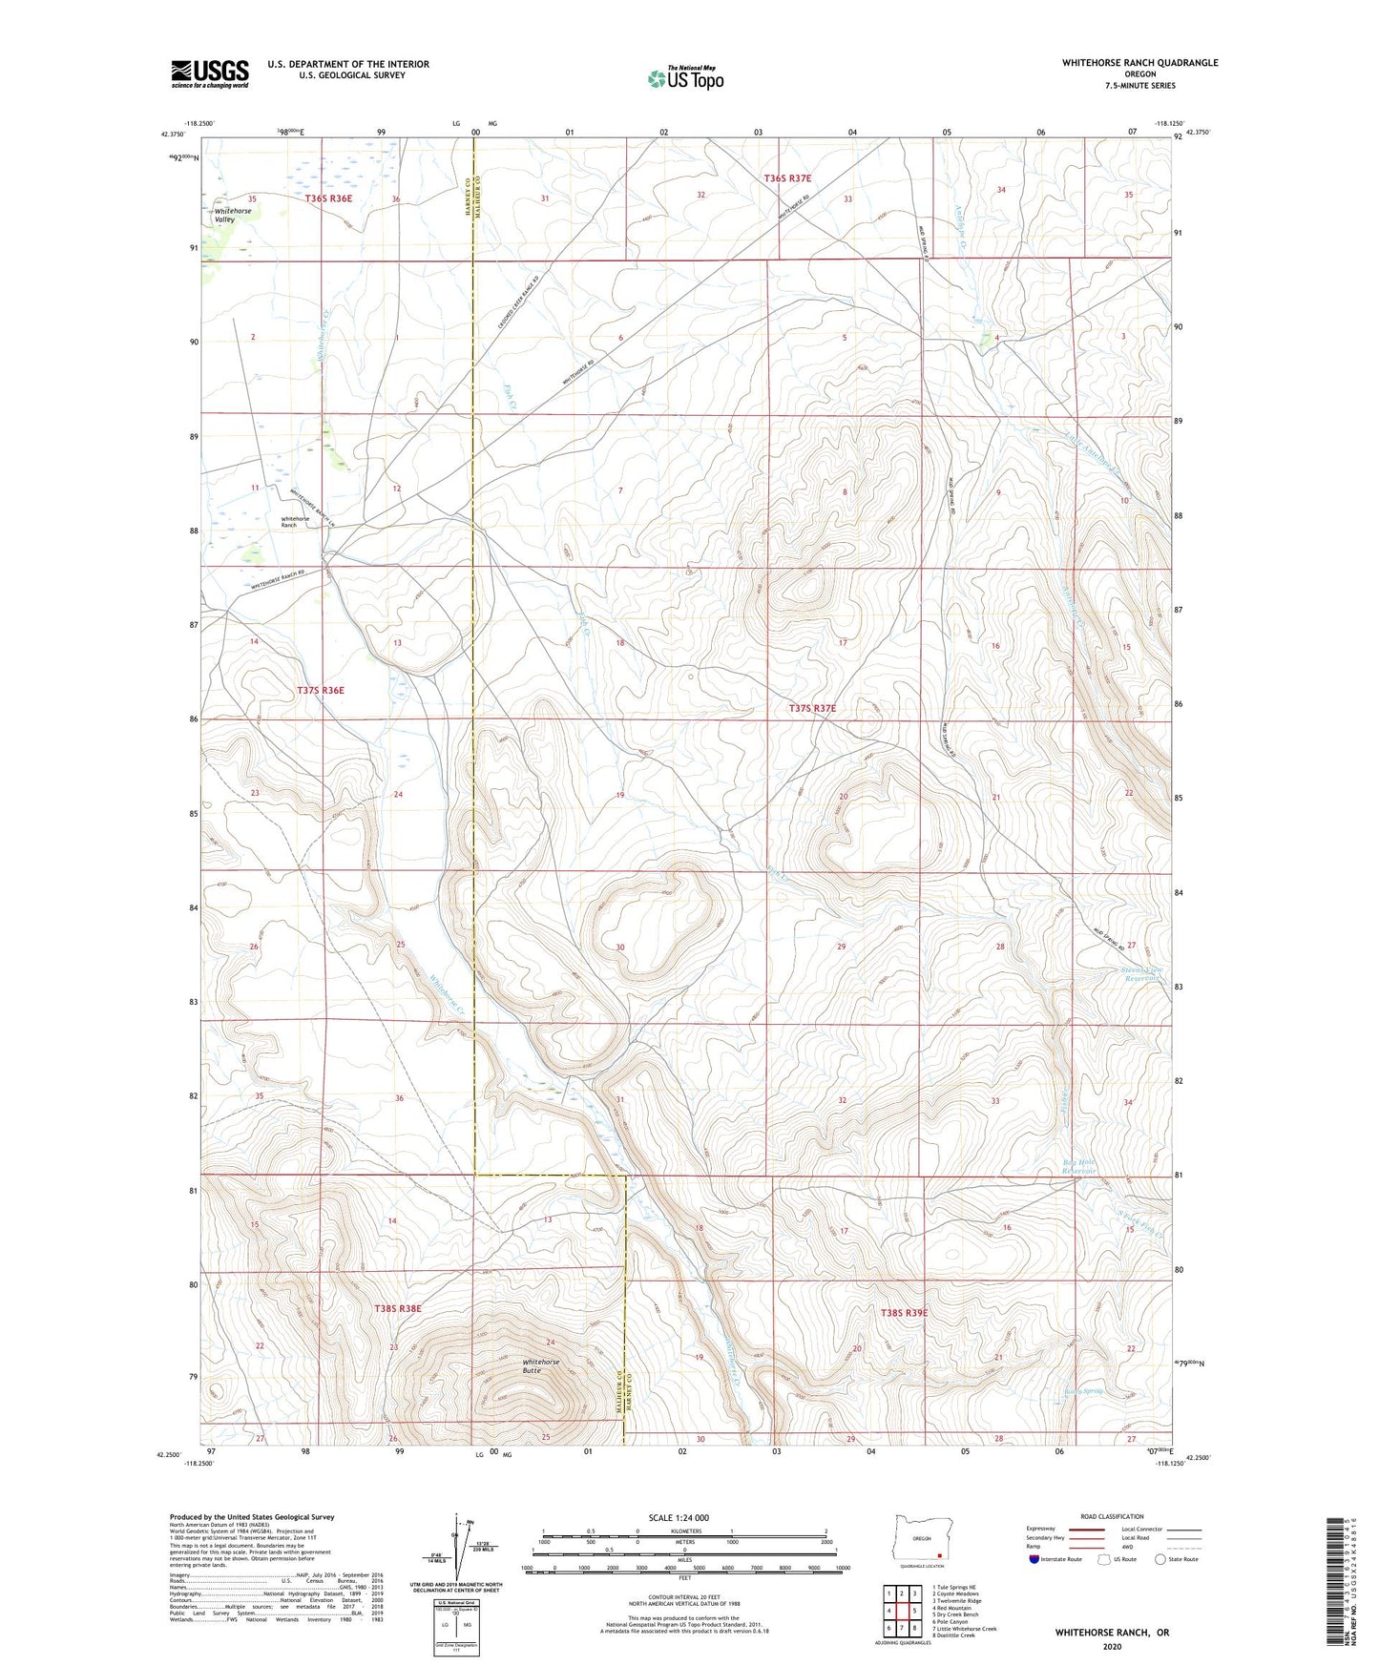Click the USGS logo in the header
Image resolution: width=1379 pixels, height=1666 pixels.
click(210, 73)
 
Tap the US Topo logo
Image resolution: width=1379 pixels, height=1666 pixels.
click(684, 78)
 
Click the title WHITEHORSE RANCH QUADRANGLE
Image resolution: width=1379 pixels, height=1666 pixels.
click(1139, 63)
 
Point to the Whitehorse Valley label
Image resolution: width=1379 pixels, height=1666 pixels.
click(225, 215)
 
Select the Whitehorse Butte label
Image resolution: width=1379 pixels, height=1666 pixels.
click(541, 1365)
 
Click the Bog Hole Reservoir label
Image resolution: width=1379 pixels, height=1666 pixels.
click(1079, 1166)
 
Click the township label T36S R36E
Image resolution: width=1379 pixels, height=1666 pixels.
click(328, 198)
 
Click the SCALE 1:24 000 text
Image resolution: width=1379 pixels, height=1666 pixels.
click(679, 1517)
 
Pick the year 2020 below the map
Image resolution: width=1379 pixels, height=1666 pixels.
click(1112, 1646)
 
